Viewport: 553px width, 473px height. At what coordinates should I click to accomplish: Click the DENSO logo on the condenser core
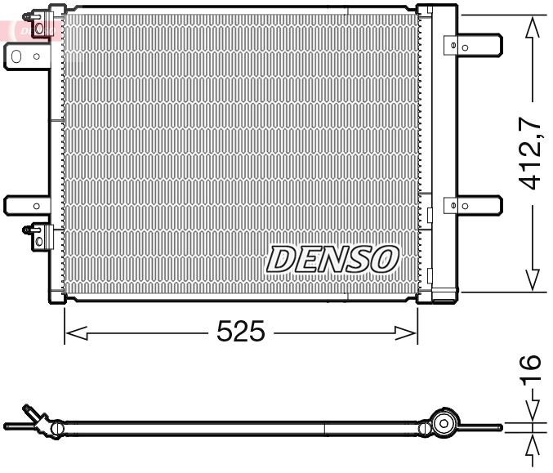point(332,259)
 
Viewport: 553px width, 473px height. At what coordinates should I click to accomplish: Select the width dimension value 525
point(241,332)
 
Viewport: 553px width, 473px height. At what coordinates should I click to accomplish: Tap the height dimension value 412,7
point(532,154)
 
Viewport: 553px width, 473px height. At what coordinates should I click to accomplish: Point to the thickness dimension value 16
point(532,369)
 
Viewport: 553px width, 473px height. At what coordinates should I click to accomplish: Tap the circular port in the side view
point(444,423)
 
